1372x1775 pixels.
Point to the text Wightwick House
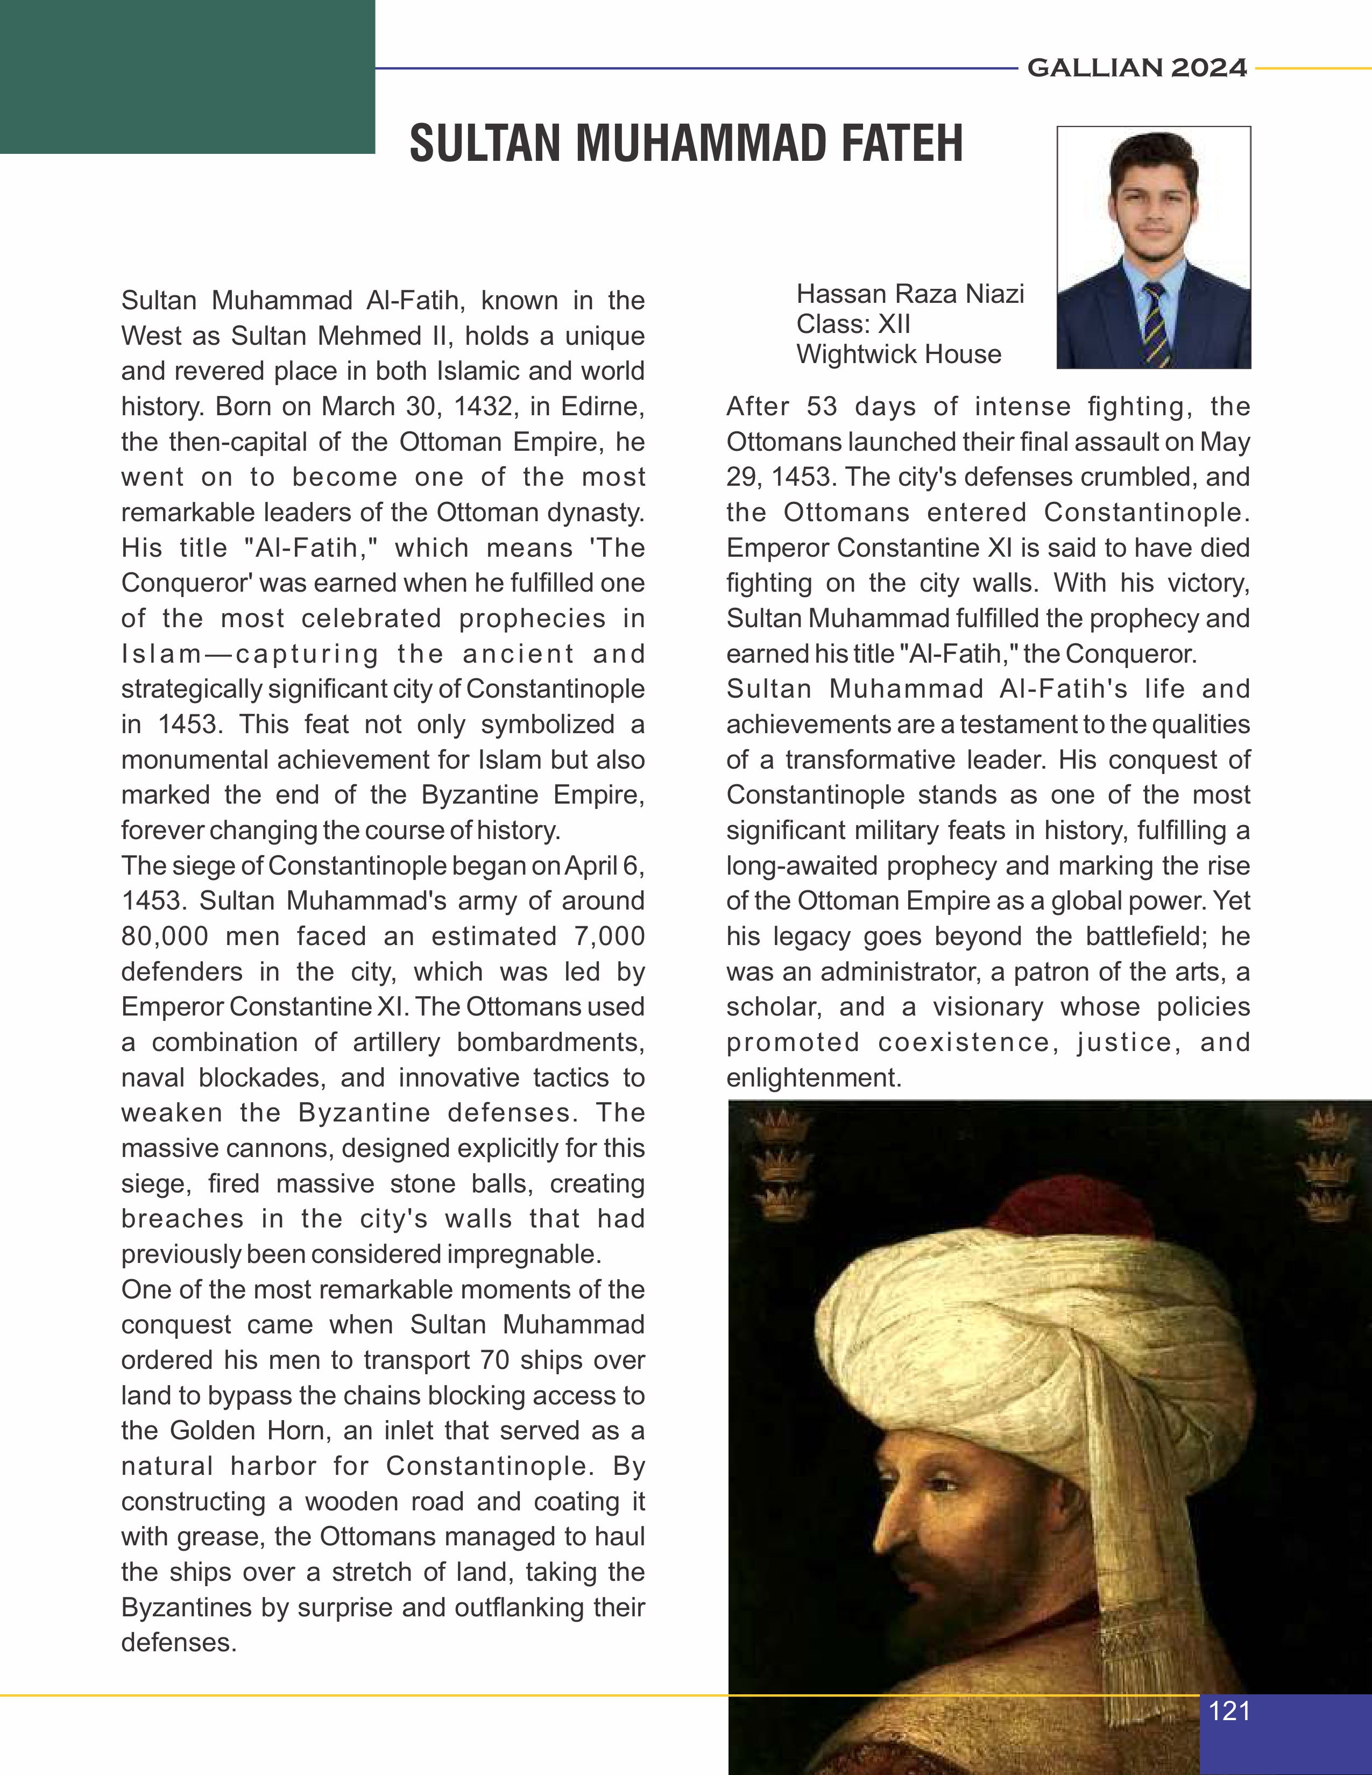[898, 354]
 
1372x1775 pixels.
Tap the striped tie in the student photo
[1157, 325]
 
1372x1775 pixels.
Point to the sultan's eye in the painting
[943, 1484]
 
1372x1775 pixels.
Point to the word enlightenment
[813, 1078]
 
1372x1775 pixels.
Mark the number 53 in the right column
[821, 406]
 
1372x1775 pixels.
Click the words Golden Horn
[244, 1430]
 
